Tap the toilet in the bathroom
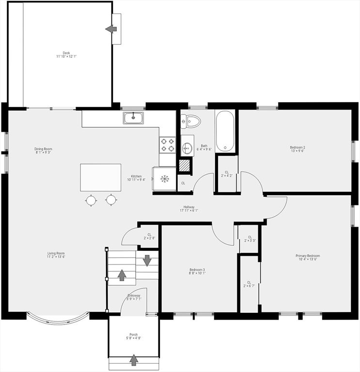[x=192, y=121]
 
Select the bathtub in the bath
[x=225, y=131]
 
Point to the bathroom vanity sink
[x=187, y=148]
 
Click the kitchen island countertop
[x=101, y=177]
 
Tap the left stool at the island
[x=91, y=200]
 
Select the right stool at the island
[x=111, y=200]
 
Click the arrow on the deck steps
[x=111, y=29]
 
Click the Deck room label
[x=66, y=55]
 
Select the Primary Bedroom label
[x=308, y=257]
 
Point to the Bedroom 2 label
[x=297, y=149]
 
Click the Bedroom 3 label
[x=197, y=271]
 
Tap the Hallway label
[x=189, y=208]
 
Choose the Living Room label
[x=56, y=255]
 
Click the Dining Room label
[x=43, y=150]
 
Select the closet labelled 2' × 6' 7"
[x=249, y=284]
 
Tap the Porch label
[x=133, y=336]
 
